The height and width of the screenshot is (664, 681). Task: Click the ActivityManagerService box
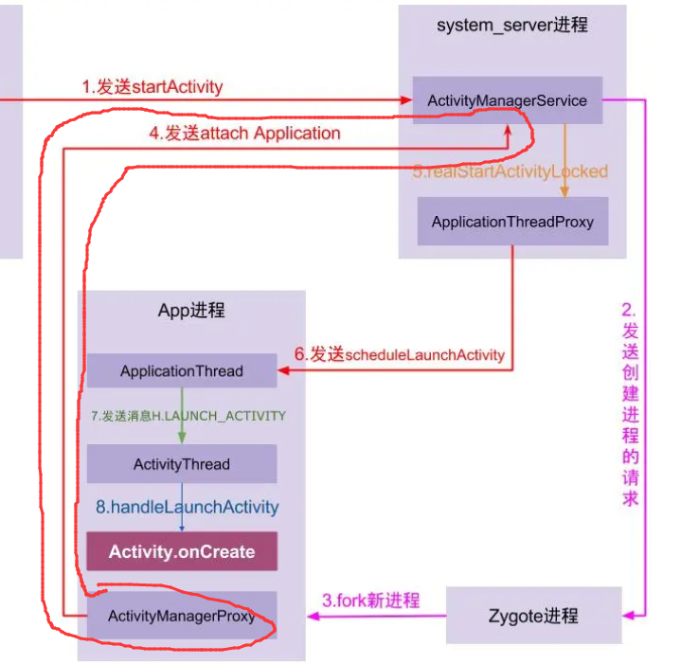click(508, 100)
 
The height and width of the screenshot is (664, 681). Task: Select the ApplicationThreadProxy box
click(512, 222)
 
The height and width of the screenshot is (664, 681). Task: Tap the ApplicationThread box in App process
click(182, 371)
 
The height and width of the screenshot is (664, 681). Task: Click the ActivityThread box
click(182, 464)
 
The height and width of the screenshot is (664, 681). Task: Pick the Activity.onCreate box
click(182, 551)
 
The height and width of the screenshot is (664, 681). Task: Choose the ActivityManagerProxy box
click(182, 616)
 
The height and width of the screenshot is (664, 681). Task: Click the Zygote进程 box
click(534, 616)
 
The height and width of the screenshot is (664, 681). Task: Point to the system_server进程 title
click(511, 26)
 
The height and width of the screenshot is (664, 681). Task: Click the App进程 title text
click(191, 311)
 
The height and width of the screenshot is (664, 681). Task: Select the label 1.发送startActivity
click(152, 87)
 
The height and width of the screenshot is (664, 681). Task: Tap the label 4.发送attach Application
click(244, 134)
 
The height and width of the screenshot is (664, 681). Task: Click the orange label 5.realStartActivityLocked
click(510, 171)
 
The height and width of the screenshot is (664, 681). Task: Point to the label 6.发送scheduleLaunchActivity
click(399, 354)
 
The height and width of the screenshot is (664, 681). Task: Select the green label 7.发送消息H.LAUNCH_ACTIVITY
click(188, 415)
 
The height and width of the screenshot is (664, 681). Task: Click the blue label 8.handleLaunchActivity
click(188, 507)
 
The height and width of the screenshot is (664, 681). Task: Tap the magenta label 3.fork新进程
click(369, 601)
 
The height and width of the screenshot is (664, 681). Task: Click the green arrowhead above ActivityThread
click(182, 439)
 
